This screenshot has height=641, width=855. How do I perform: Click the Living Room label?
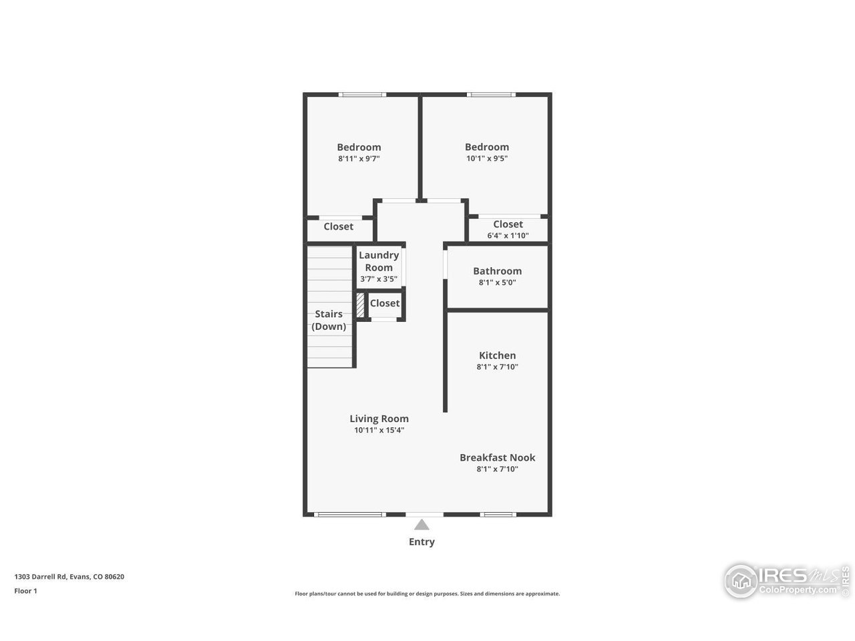click(x=379, y=419)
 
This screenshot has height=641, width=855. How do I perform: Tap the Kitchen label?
click(x=497, y=355)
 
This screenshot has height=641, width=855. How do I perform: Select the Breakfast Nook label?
click(x=497, y=457)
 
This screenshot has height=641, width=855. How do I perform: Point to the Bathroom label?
click(x=497, y=270)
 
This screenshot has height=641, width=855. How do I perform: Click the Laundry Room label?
click(x=379, y=261)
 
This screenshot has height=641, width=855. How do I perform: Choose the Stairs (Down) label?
click(x=329, y=320)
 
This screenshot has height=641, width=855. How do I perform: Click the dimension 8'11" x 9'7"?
click(x=359, y=159)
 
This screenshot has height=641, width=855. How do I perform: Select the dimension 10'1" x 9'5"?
click(x=487, y=159)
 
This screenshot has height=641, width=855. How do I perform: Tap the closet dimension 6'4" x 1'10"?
click(x=508, y=235)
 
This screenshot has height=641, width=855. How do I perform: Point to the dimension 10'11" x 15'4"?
click(x=379, y=430)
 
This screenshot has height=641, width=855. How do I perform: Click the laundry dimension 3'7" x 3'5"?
click(x=379, y=279)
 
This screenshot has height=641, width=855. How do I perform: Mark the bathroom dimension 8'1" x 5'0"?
click(x=497, y=282)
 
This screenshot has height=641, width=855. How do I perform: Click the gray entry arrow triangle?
click(x=421, y=525)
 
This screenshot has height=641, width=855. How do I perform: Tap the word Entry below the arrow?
click(x=421, y=542)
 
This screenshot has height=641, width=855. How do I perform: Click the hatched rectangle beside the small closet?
click(x=360, y=305)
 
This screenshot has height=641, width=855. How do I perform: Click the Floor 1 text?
click(x=25, y=591)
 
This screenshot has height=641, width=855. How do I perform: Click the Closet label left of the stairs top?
click(x=338, y=226)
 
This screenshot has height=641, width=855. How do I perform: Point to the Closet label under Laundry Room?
click(x=385, y=303)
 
